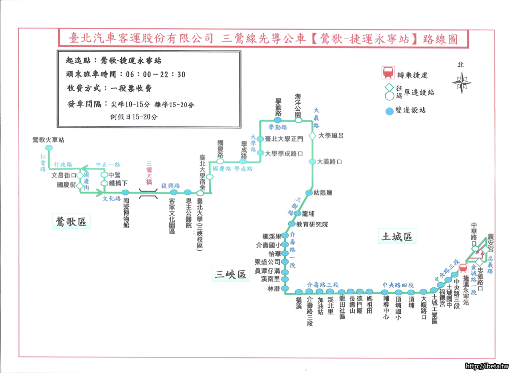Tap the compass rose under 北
[462, 82]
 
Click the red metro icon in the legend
[388, 73]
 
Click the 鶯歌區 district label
[72, 222]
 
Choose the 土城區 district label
[397, 237]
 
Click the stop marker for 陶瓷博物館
[125, 193]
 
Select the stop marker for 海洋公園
[298, 120]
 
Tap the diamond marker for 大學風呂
[312, 136]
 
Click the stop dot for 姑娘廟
[309, 192]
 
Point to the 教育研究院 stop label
[312, 224]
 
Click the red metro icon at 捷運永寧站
[464, 269]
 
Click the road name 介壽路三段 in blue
[323, 284]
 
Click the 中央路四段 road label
[398, 284]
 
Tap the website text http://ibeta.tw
[486, 366]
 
